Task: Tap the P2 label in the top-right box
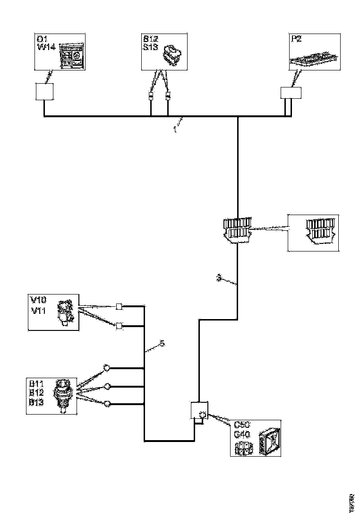(296, 39)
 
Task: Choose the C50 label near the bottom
(242, 424)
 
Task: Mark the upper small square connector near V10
(120, 306)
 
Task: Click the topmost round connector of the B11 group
(107, 368)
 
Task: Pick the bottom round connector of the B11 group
(107, 404)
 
